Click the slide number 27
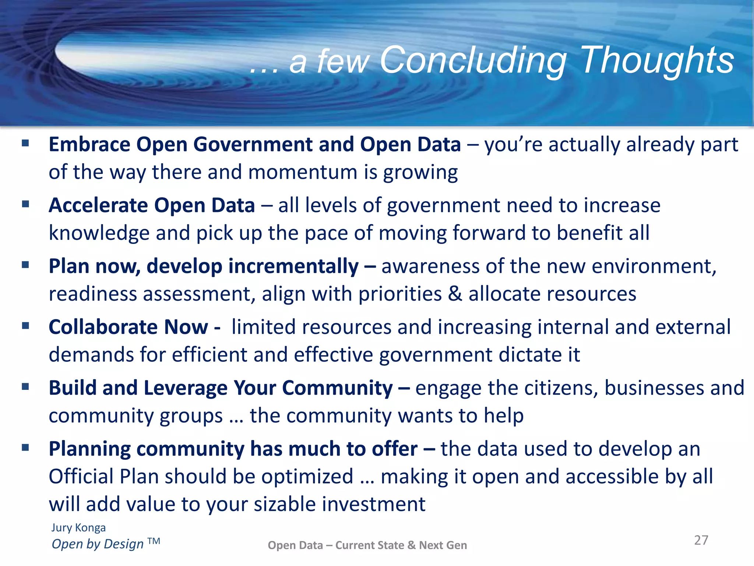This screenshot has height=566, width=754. (701, 540)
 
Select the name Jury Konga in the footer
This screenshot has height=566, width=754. (78, 528)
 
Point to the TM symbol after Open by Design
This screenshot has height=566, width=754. (154, 541)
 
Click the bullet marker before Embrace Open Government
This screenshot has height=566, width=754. (25, 143)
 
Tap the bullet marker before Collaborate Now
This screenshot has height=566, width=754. (25, 326)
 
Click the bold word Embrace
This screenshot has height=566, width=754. (89, 144)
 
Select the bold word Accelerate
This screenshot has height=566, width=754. (98, 205)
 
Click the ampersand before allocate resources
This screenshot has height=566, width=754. (455, 294)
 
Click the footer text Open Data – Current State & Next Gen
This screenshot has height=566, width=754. (367, 545)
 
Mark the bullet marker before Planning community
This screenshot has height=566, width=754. (25, 448)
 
